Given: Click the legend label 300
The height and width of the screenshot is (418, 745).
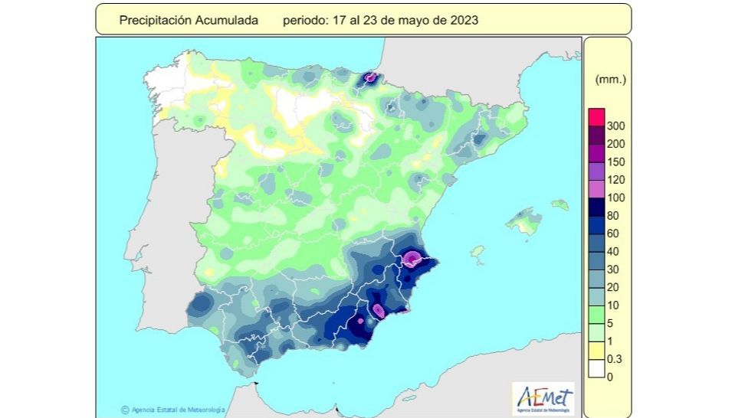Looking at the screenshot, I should tap(615, 126).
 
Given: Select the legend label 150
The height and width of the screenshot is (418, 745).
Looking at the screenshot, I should tap(615, 162).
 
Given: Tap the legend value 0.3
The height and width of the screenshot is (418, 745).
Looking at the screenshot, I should tap(615, 359).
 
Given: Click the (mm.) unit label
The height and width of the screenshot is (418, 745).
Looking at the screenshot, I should tap(611, 79).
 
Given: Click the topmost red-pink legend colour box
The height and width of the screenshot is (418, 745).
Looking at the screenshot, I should tap(596, 117).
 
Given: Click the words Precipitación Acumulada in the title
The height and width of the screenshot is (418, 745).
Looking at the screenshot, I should tap(189, 21).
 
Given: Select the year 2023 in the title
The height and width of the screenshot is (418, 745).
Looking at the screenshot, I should tap(464, 21).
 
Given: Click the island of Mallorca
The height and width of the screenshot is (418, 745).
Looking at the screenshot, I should tap(524, 221).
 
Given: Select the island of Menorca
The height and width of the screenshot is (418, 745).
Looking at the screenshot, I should tap(560, 204).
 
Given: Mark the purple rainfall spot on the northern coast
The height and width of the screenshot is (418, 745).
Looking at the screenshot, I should tap(371, 77).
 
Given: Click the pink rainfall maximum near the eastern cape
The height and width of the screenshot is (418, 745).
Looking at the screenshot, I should tap(412, 258).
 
